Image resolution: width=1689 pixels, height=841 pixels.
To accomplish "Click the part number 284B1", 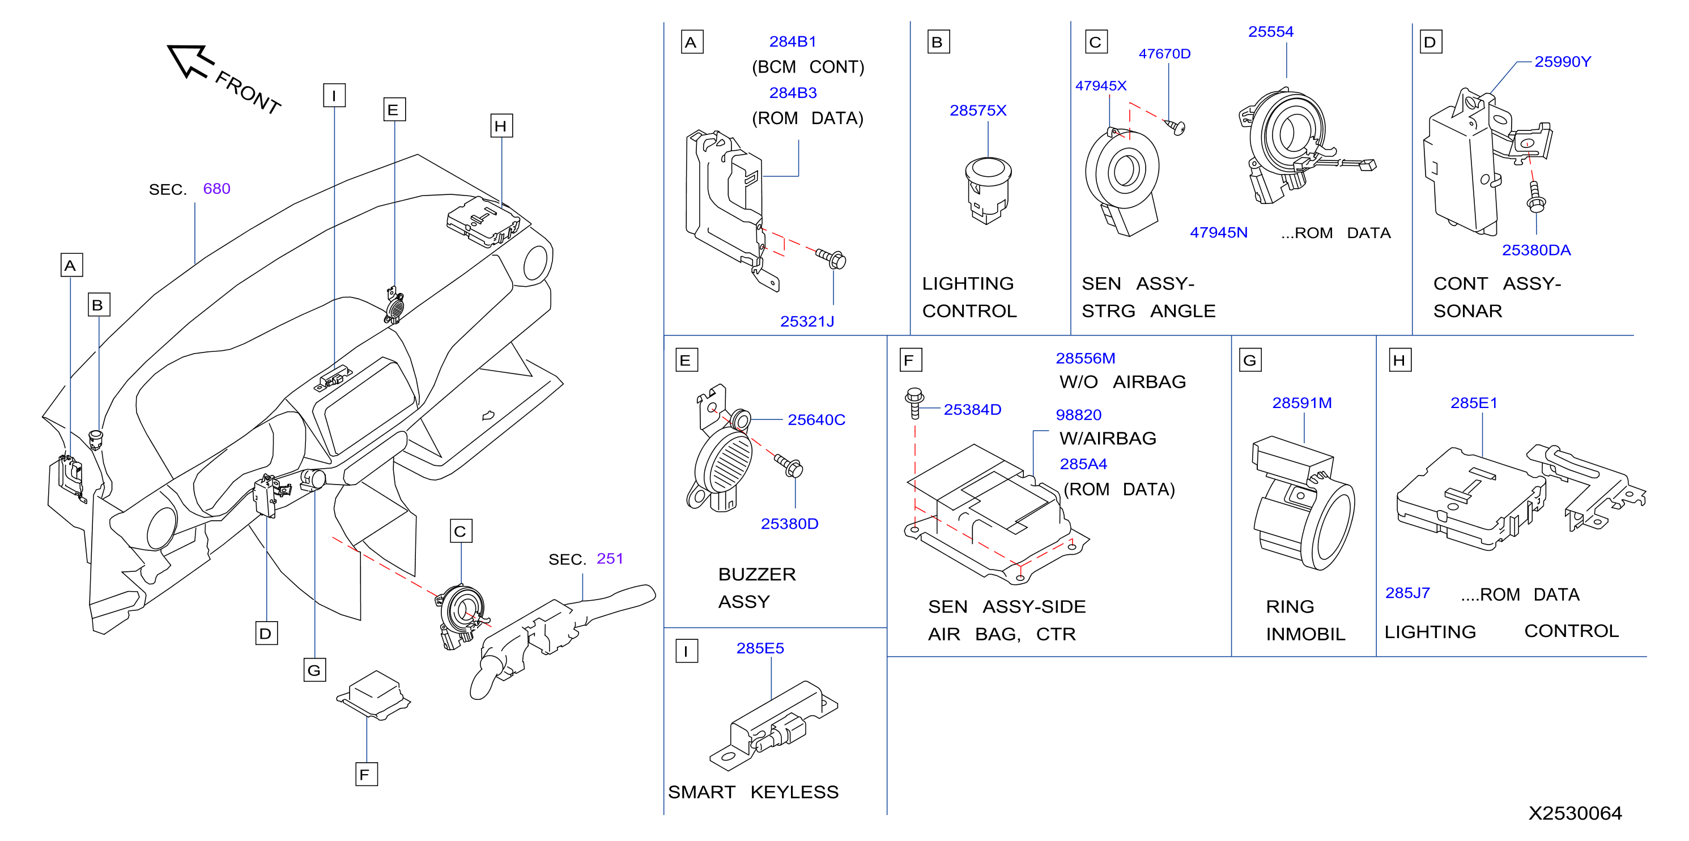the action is click(x=793, y=41).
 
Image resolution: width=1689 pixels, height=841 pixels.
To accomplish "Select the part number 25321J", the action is click(x=807, y=321).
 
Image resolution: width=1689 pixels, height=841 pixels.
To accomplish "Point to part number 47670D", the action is click(x=1164, y=54).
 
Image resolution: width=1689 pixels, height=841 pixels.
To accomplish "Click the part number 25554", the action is click(x=1271, y=32).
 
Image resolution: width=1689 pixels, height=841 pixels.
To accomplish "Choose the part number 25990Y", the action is click(x=1563, y=62).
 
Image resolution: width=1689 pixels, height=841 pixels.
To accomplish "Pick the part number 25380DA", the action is click(x=1536, y=250).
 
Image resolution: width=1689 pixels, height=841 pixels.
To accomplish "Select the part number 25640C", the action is click(x=816, y=419).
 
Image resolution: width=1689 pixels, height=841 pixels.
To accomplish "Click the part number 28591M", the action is click(x=1302, y=403).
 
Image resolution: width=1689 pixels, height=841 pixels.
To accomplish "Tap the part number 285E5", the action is click(x=760, y=648).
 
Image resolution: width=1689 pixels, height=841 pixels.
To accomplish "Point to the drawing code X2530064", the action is click(x=1575, y=813).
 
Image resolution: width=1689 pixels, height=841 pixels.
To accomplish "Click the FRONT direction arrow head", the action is click(x=185, y=60).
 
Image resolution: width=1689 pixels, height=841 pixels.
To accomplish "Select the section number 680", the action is click(x=216, y=189).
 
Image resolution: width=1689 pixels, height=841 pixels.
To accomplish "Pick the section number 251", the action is click(x=610, y=558).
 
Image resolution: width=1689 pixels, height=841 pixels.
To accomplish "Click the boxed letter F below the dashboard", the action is click(x=367, y=774).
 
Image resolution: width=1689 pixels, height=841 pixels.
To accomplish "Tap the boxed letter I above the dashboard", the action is click(x=334, y=95).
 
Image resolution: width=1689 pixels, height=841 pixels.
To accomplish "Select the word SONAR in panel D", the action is click(x=1467, y=311).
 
